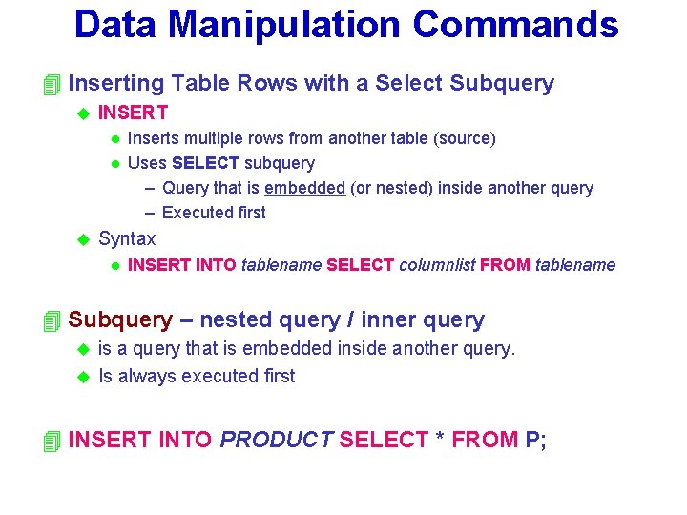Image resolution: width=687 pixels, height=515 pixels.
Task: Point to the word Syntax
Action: point(127,238)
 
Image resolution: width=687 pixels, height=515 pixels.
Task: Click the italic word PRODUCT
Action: point(276,441)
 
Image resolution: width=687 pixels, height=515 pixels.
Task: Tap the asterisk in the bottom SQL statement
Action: point(440,439)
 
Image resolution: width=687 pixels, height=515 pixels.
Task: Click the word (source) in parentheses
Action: point(465,139)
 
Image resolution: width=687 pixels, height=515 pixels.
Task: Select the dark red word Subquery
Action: point(120,320)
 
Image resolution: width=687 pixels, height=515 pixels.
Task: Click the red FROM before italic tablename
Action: point(505,265)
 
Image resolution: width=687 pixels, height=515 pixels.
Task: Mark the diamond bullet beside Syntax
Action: point(81,238)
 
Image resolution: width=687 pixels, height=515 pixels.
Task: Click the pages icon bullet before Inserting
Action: point(52,85)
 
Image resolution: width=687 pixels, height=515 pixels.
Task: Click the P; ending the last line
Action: point(536,441)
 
